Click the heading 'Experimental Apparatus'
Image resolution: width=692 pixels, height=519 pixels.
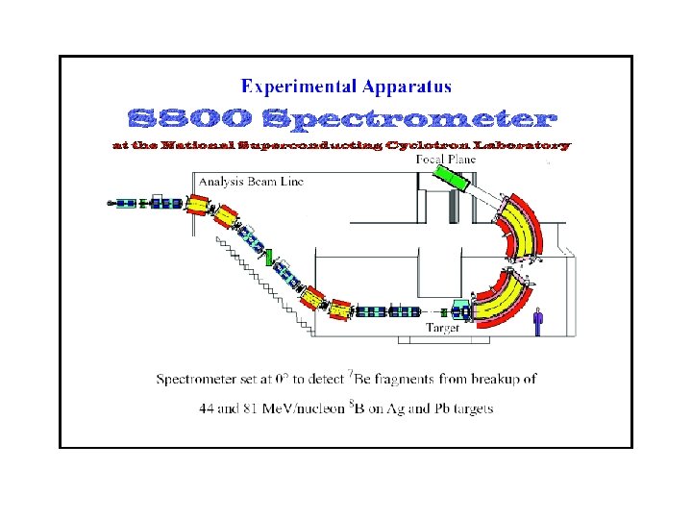point(346,87)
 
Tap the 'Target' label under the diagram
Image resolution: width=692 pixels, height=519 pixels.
point(443,328)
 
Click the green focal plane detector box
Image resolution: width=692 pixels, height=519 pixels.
point(451,181)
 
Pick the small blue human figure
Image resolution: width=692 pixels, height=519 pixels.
point(538,319)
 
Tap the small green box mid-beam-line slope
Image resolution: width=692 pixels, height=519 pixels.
point(270,257)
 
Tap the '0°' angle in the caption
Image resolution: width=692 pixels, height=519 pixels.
point(285,379)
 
